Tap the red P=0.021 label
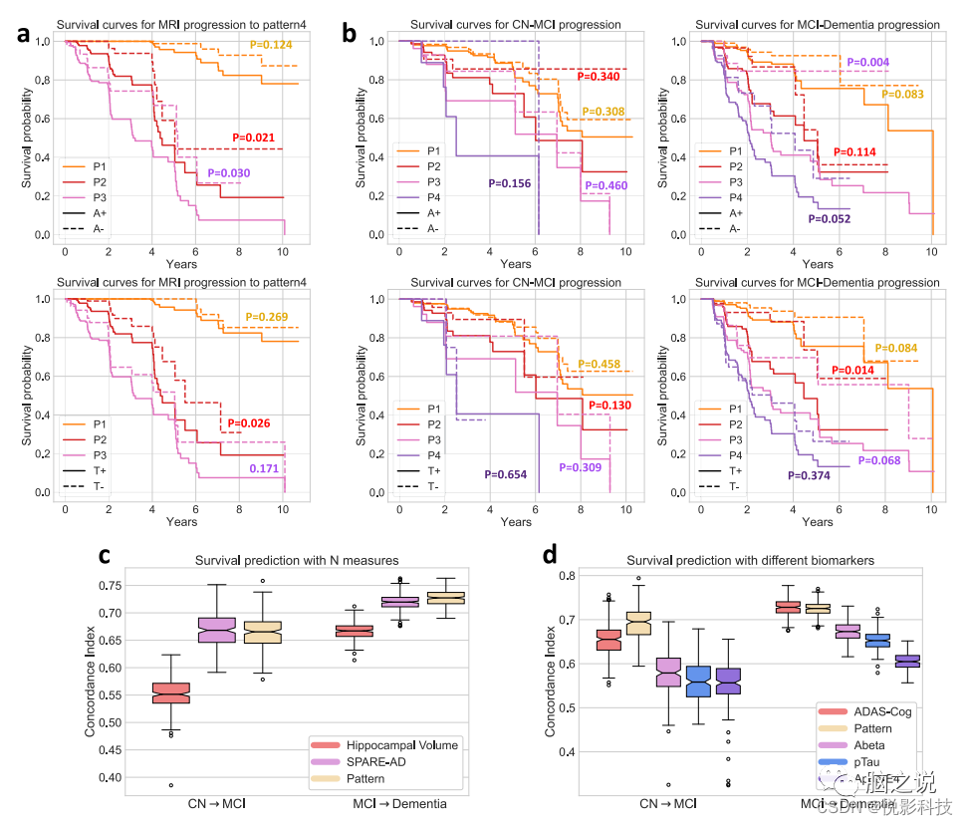tap(254, 137)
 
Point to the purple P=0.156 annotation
tap(510, 184)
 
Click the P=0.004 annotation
tap(869, 62)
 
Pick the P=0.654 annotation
tap(507, 474)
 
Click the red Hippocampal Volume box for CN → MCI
tap(170, 693)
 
